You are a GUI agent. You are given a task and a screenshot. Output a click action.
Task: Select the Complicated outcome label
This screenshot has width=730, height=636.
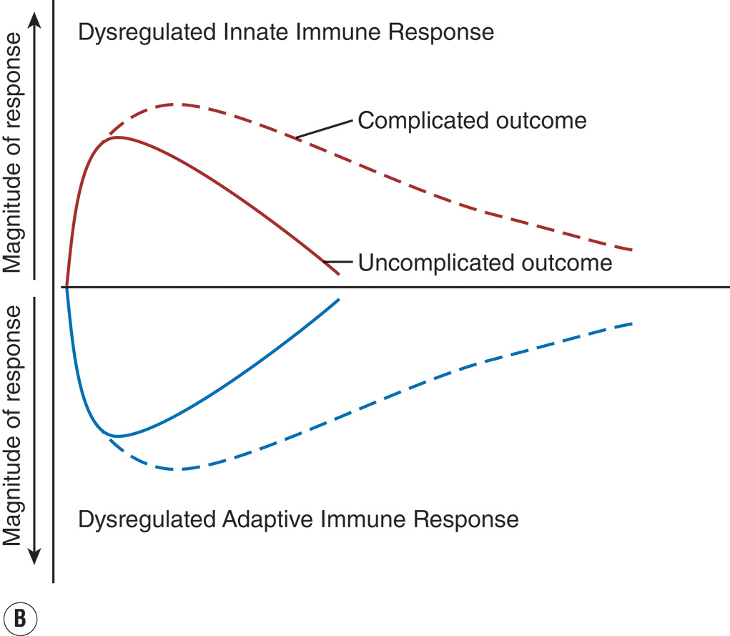pyautogui.click(x=472, y=120)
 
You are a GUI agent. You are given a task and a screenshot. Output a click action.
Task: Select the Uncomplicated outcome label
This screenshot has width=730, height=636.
pyautogui.click(x=485, y=263)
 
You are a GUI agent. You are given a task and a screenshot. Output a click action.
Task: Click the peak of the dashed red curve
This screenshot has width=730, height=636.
pyautogui.click(x=179, y=104)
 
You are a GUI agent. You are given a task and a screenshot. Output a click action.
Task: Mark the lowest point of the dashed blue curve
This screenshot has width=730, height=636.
pyautogui.click(x=179, y=469)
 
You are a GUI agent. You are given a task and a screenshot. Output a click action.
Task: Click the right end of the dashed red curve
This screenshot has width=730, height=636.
pyautogui.click(x=631, y=249)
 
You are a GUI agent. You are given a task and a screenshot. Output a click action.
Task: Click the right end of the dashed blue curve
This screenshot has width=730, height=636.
pyautogui.click(x=631, y=324)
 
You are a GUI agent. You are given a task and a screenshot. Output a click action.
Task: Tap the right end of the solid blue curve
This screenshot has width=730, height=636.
pyautogui.click(x=337, y=299)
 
